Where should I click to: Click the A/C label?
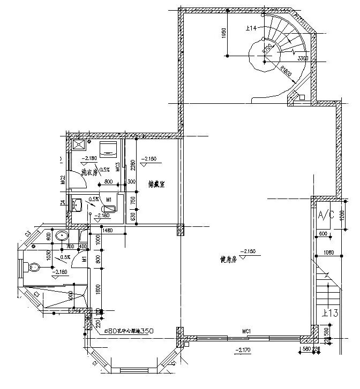(x=327, y=216)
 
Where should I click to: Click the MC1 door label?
(x=246, y=332)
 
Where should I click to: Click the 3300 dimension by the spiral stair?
(x=303, y=58)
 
